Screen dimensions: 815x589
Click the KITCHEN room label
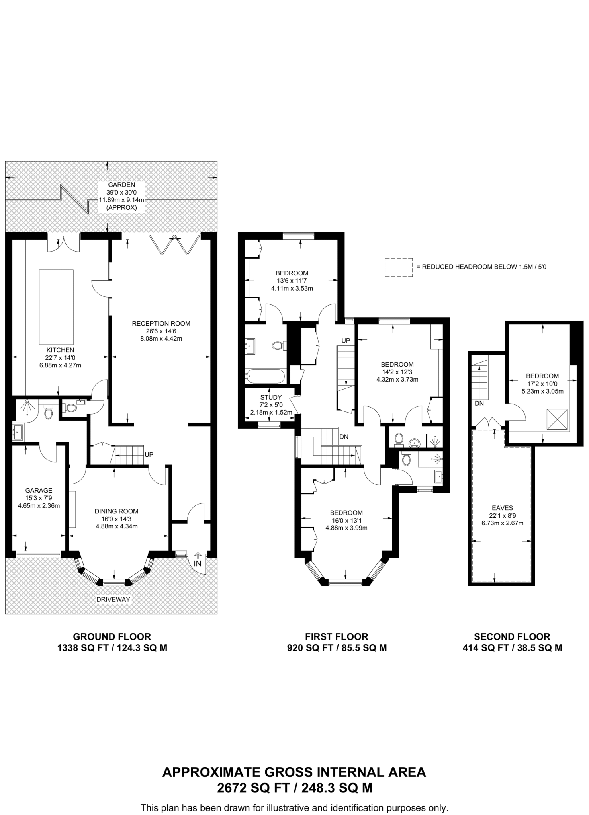point(60,350)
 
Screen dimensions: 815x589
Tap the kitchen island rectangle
point(56,307)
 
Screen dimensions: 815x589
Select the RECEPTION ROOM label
point(161,324)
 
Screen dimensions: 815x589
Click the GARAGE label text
point(39,490)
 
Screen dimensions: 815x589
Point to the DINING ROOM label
point(116,511)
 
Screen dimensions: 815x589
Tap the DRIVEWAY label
point(113,599)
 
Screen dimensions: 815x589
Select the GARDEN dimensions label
point(121,196)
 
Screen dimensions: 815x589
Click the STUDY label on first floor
point(271,397)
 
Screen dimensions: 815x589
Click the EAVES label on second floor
point(502,508)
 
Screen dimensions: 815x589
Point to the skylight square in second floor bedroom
point(557,419)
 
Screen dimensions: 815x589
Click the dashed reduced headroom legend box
point(398,267)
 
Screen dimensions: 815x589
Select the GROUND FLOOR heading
point(112,637)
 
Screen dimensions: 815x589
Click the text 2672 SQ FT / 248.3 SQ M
point(294,788)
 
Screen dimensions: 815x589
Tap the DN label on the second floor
point(479,403)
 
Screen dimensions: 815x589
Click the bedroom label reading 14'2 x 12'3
point(397,372)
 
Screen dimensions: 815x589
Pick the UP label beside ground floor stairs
point(149,454)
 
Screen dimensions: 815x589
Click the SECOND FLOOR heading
point(512,637)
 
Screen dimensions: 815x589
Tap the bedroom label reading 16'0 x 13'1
point(346,520)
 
